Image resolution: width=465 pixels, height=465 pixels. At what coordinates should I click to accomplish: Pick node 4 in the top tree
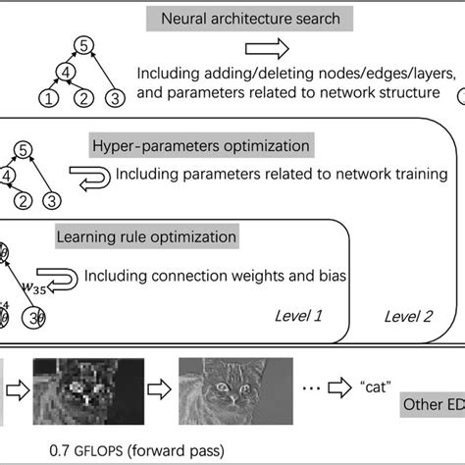(65, 72)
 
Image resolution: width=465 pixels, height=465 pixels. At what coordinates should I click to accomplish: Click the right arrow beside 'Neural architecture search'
(266, 48)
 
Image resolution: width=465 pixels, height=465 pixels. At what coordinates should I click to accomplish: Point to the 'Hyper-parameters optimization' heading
(200, 146)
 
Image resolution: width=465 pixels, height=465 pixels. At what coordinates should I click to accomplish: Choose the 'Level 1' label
(300, 316)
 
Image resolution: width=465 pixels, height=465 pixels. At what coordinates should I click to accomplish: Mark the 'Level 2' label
(407, 316)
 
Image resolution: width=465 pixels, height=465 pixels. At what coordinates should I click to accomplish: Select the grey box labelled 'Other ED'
(432, 405)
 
